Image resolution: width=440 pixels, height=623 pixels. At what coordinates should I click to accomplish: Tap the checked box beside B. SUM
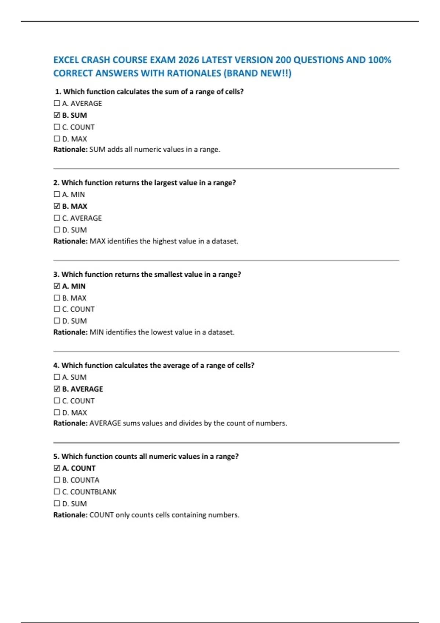click(x=57, y=115)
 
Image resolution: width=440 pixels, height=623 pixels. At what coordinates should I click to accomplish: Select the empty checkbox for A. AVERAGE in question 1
click(x=57, y=103)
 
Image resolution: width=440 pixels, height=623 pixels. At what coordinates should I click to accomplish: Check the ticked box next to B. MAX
click(x=57, y=206)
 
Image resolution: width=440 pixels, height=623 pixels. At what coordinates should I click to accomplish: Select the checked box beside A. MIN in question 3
click(x=57, y=286)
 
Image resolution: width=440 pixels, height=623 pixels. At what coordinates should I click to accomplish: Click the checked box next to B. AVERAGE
click(x=57, y=389)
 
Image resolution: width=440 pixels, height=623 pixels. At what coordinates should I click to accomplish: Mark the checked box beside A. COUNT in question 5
click(x=57, y=468)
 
